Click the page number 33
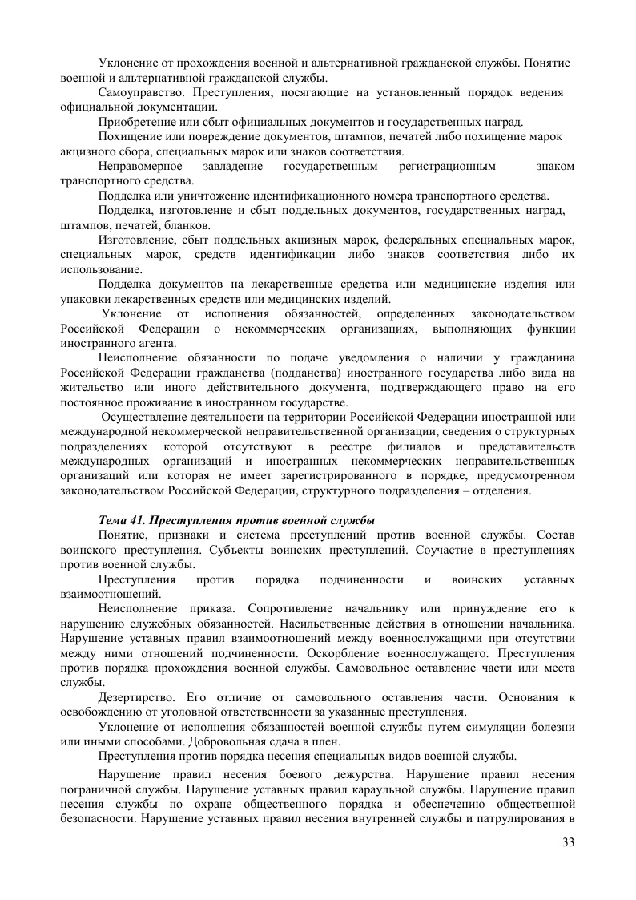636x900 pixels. (x=569, y=841)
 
